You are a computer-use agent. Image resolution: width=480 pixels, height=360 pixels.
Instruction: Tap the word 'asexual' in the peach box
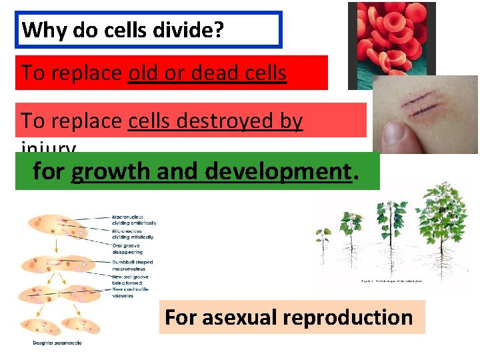tap(240, 317)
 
